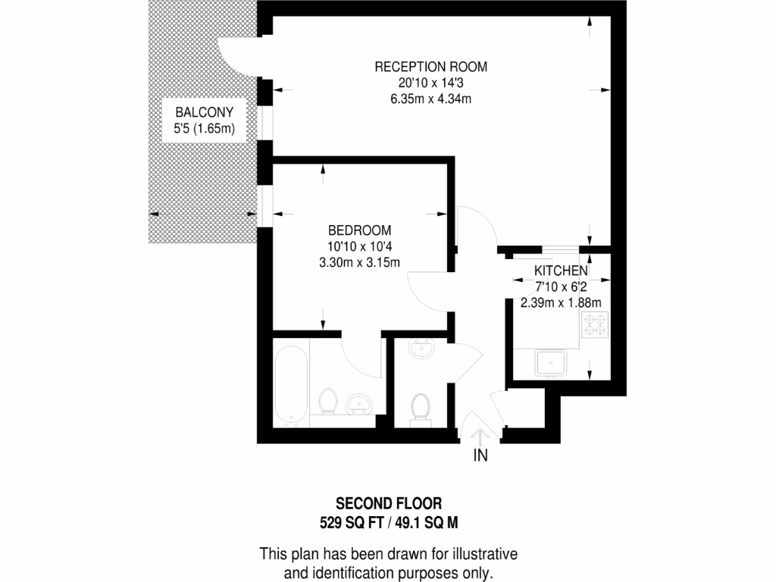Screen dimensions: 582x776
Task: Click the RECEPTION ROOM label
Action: click(430, 67)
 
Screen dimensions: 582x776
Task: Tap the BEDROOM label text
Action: click(359, 230)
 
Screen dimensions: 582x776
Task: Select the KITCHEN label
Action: click(561, 271)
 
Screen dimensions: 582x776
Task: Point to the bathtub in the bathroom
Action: click(291, 384)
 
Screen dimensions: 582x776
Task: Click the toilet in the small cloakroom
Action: click(419, 408)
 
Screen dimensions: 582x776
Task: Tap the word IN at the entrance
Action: click(480, 455)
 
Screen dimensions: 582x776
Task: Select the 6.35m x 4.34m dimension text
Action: click(430, 99)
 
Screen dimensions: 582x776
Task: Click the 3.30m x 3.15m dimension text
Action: click(359, 262)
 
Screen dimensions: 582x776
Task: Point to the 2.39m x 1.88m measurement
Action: click(561, 302)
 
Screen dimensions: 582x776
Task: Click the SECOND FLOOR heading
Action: click(388, 503)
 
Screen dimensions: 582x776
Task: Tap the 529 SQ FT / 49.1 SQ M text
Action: click(388, 521)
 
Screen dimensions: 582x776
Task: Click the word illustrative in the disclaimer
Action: click(482, 554)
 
